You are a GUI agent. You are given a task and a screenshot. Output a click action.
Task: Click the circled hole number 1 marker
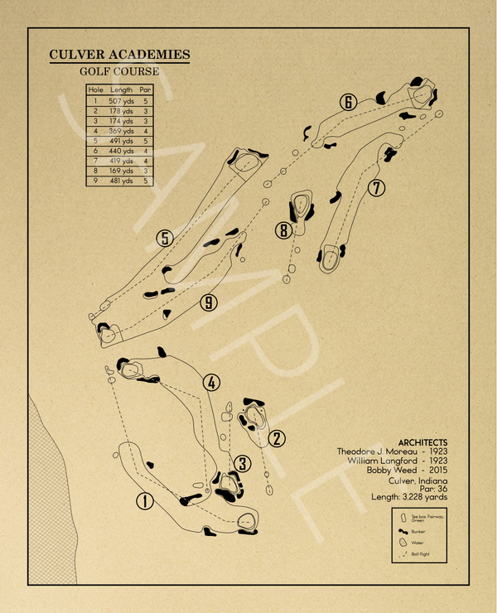tap(145, 501)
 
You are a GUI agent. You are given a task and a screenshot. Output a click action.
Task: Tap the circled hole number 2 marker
tap(277, 438)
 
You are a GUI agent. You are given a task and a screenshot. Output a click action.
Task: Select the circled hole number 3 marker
tap(242, 463)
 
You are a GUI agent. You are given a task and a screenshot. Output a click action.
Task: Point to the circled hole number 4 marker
tap(212, 383)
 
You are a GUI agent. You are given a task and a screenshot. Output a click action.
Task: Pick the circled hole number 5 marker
tap(165, 239)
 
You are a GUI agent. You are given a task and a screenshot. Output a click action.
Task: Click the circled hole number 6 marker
tap(348, 103)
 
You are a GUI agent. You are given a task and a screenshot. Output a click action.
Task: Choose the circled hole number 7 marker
tap(377, 188)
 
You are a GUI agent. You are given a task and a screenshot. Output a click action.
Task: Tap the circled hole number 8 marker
tap(284, 229)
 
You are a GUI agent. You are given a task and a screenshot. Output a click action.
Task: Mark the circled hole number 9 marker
tap(209, 303)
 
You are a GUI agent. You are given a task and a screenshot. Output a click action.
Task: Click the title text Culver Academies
tap(119, 56)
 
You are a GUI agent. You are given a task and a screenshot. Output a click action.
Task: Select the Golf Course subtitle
tap(119, 72)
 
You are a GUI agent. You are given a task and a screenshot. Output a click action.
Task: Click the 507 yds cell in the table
tap(120, 100)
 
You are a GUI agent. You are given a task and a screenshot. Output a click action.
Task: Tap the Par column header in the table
tap(145, 89)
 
